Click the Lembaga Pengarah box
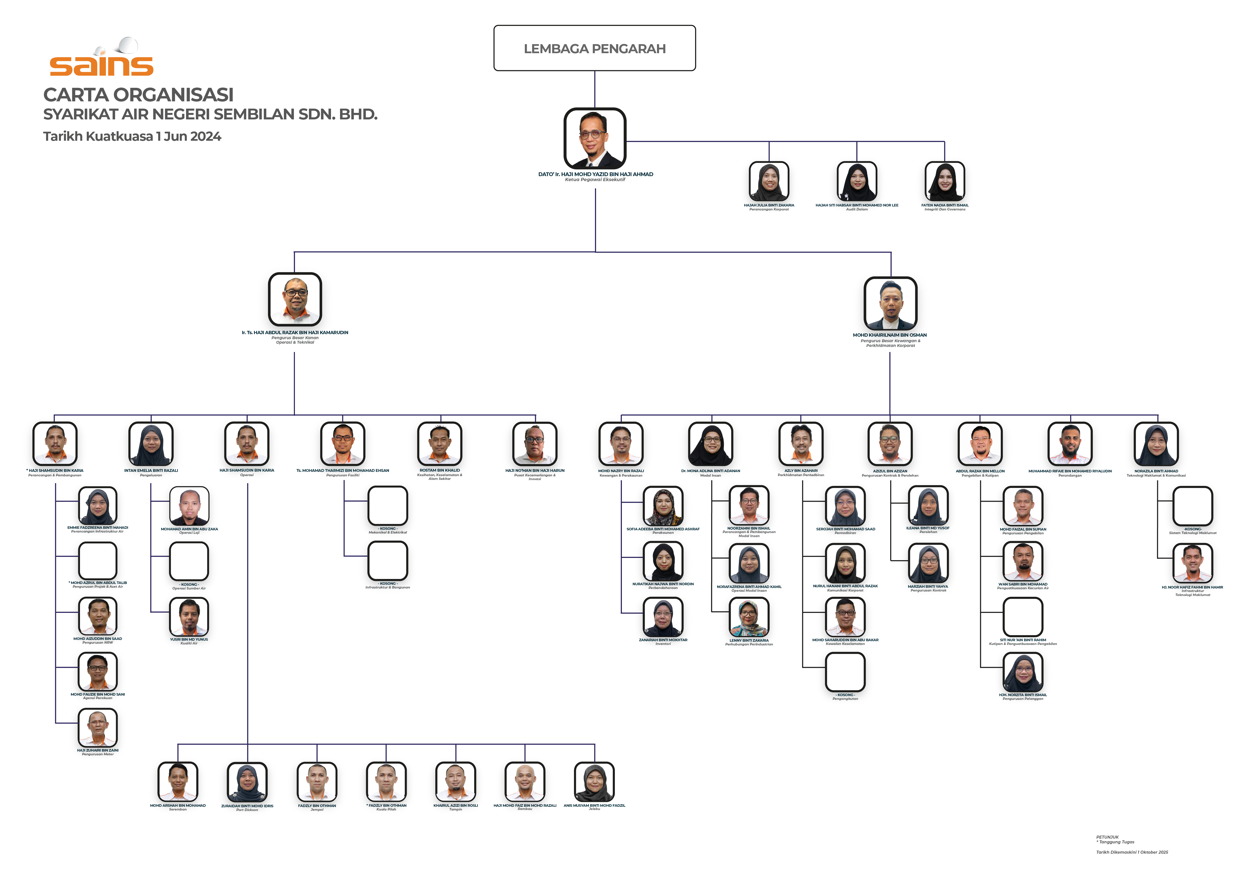(x=594, y=48)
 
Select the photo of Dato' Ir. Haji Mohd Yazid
(x=594, y=138)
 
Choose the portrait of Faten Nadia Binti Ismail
(x=944, y=182)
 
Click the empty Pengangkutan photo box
(x=845, y=672)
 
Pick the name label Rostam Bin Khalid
(x=439, y=470)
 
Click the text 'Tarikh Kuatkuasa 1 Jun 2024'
(x=132, y=136)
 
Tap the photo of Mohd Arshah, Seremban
(x=178, y=782)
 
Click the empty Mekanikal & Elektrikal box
(x=387, y=505)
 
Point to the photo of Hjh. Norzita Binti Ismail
(x=1022, y=673)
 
